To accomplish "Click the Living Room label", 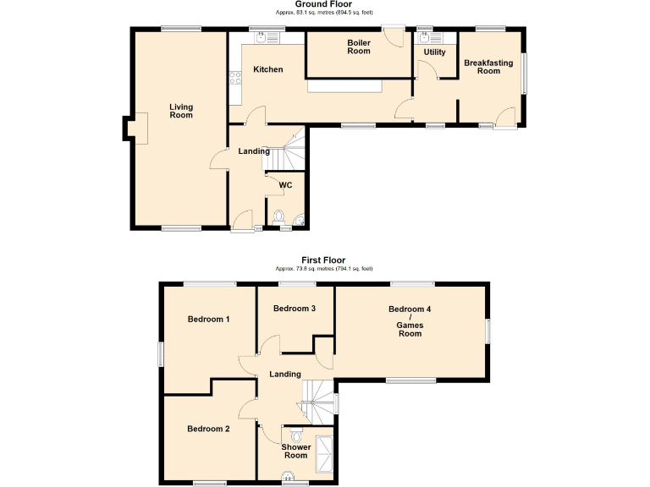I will tap(181, 111).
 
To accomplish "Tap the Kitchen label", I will tap(267, 69).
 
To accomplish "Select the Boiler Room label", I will tap(359, 47).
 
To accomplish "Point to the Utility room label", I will tap(435, 52).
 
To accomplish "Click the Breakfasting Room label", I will tap(488, 67).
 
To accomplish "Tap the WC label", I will tap(286, 184).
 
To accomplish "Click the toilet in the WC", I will tap(281, 218).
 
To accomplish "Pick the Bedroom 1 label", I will tap(208, 320).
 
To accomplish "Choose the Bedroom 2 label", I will tap(208, 430).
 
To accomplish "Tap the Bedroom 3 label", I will tap(295, 309).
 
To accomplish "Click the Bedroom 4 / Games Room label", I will tap(410, 321).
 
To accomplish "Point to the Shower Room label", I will tap(295, 451).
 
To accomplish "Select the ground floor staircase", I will tap(292, 150).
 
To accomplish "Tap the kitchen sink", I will tap(262, 37).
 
